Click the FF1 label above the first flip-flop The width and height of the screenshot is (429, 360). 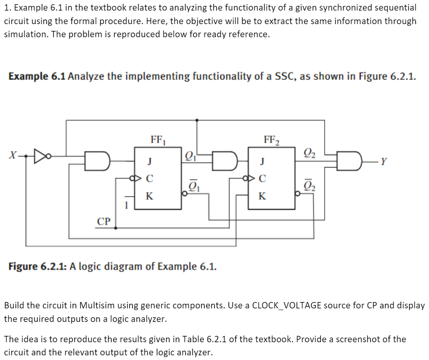point(158,139)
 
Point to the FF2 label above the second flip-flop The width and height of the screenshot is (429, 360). point(271,139)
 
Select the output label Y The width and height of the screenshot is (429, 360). point(383,161)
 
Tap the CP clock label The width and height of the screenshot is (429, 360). point(104,221)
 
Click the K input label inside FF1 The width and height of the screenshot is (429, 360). point(149,196)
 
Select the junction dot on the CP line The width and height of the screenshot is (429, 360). point(116,227)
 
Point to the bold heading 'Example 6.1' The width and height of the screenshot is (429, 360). point(36,77)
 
